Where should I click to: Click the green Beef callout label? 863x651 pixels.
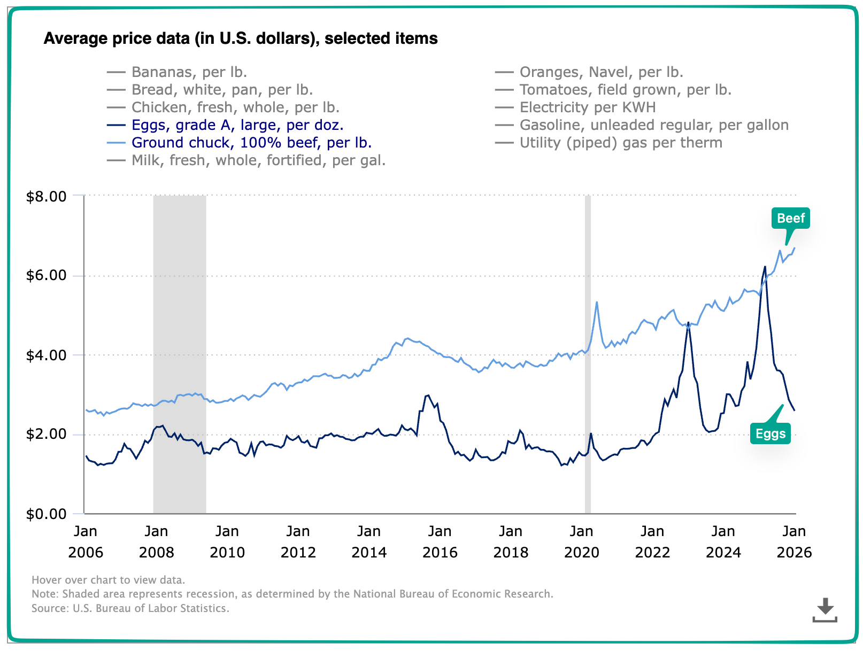pyautogui.click(x=790, y=218)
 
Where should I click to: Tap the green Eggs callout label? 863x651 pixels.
pyautogui.click(x=770, y=433)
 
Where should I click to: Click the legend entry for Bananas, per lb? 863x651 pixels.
pyautogui.click(x=189, y=72)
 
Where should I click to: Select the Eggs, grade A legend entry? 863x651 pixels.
pyautogui.click(x=237, y=125)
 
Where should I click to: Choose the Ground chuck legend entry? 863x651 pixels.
pyautogui.click(x=251, y=143)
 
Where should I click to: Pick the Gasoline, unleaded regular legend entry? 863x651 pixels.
pyautogui.click(x=653, y=125)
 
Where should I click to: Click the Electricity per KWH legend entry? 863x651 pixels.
pyautogui.click(x=587, y=107)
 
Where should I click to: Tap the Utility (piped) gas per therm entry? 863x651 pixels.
pyautogui.click(x=620, y=143)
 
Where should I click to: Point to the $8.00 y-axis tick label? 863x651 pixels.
pyautogui.click(x=47, y=197)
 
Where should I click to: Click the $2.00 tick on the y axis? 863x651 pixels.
pyautogui.click(x=47, y=435)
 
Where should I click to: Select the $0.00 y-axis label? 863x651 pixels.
pyautogui.click(x=47, y=514)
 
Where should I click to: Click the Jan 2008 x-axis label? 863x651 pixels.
pyautogui.click(x=156, y=541)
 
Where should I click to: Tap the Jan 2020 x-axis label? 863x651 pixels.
pyautogui.click(x=581, y=541)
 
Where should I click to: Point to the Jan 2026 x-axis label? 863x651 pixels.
pyautogui.click(x=794, y=541)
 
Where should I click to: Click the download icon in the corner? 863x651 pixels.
pyautogui.click(x=825, y=610)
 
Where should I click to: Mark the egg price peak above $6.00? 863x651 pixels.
pyautogui.click(x=765, y=267)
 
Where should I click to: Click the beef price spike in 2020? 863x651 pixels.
pyautogui.click(x=597, y=303)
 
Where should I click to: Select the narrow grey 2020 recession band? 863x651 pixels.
pyautogui.click(x=588, y=374)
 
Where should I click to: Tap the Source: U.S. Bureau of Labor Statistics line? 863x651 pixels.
pyautogui.click(x=130, y=608)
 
